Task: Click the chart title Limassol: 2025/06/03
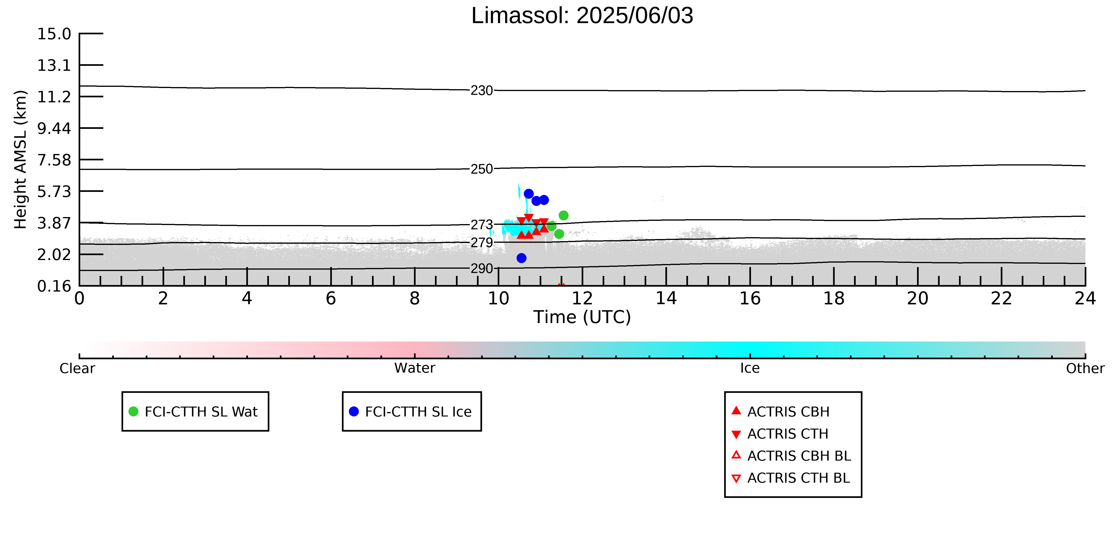click(582, 16)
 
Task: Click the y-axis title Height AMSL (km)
click(21, 160)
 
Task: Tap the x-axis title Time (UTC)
click(582, 317)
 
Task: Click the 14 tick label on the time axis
click(666, 299)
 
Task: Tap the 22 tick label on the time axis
click(1001, 299)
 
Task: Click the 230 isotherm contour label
click(482, 91)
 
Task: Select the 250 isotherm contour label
click(482, 169)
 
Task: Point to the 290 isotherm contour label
click(482, 269)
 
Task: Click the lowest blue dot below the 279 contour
click(521, 258)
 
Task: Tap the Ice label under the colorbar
click(750, 368)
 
